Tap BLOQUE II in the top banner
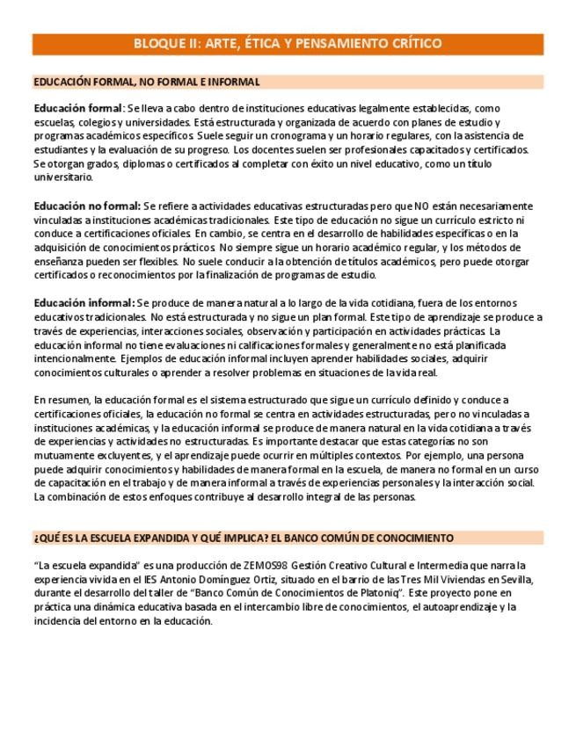point(164,43)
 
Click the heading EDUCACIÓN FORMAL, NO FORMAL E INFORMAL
point(146,82)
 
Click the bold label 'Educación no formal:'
point(87,206)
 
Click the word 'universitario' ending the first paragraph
point(63,177)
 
